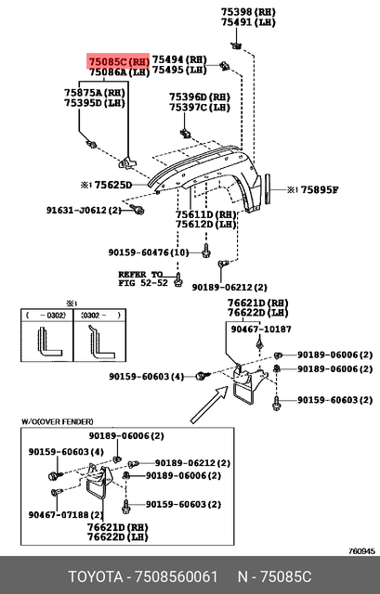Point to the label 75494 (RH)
(x=179, y=58)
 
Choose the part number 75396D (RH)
(x=199, y=97)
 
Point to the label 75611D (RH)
(x=206, y=213)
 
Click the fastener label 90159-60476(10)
(x=148, y=252)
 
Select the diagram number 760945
(x=360, y=550)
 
